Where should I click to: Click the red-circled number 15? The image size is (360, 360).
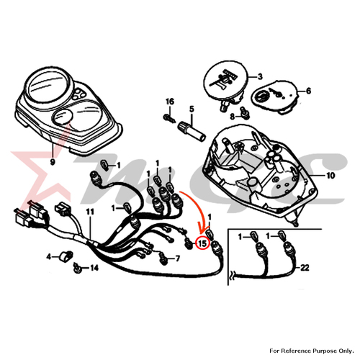pos(202,243)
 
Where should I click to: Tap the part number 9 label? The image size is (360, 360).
pos(53,162)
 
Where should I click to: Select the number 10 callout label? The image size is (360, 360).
pos(330,176)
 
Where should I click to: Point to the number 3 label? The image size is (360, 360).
pos(260,76)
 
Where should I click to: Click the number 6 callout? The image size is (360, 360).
pos(308,91)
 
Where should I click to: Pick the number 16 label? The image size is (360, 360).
pos(170,102)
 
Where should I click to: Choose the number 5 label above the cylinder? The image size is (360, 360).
pos(192,109)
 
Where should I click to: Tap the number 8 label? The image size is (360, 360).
pos(233,117)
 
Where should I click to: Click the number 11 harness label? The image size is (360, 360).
pos(90,212)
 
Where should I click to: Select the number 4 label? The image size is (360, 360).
pos(49,257)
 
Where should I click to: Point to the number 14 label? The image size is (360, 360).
pos(94,268)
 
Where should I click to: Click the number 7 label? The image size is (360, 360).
pos(178,258)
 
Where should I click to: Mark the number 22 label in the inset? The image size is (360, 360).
pos(305,268)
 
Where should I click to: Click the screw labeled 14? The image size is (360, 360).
pos(77,268)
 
